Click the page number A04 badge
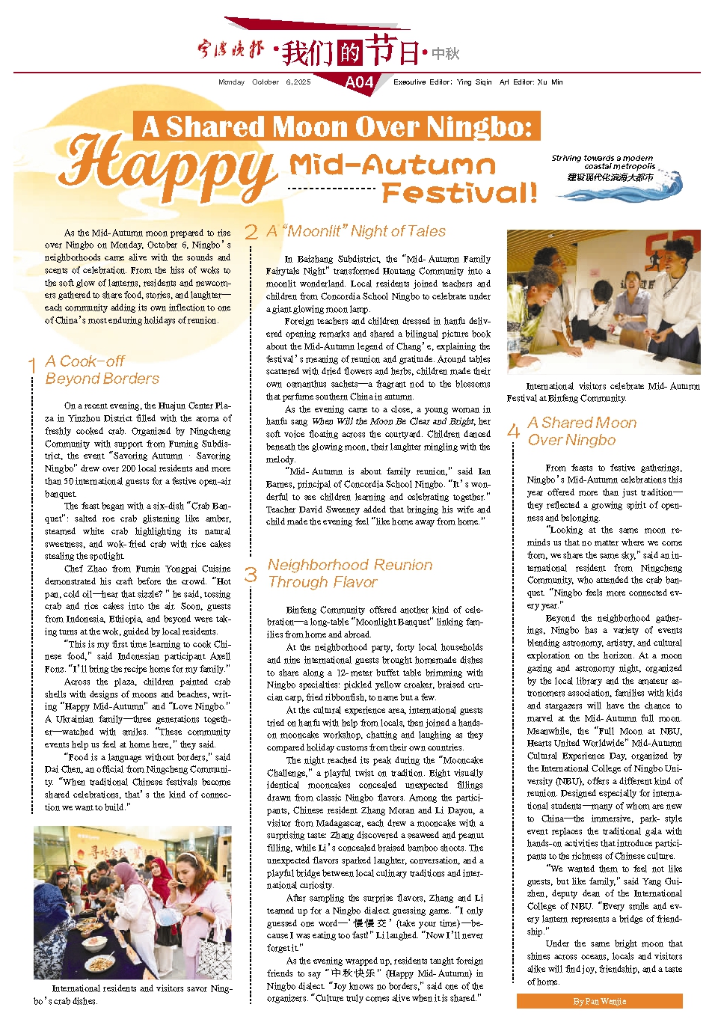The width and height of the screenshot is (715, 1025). pyautogui.click(x=359, y=82)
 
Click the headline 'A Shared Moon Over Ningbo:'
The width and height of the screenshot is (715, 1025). pyautogui.click(x=337, y=126)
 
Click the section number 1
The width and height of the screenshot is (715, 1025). pyautogui.click(x=32, y=366)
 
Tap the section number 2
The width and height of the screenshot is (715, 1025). pyautogui.click(x=251, y=232)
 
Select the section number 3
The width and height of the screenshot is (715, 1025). pyautogui.click(x=251, y=574)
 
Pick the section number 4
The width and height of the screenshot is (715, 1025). pyautogui.click(x=513, y=431)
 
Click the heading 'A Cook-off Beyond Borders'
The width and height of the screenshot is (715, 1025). pyautogui.click(x=102, y=370)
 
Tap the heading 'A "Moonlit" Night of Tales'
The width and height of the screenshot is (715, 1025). pyautogui.click(x=356, y=231)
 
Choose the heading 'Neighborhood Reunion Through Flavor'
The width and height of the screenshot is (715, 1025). pyautogui.click(x=349, y=573)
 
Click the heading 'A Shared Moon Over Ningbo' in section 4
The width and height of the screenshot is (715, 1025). pyautogui.click(x=582, y=431)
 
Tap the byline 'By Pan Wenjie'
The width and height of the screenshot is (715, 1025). pyautogui.click(x=599, y=1001)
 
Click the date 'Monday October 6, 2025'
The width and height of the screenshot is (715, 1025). pyautogui.click(x=264, y=82)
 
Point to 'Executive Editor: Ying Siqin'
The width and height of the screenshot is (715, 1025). pyautogui.click(x=442, y=82)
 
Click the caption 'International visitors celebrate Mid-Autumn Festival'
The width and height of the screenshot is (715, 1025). pyautogui.click(x=603, y=392)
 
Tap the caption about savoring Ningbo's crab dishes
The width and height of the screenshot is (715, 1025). pyautogui.click(x=132, y=994)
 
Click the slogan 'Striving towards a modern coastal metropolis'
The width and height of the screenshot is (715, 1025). pyautogui.click(x=602, y=162)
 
